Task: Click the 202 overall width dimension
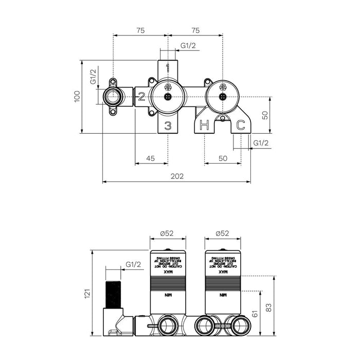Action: click(x=177, y=176)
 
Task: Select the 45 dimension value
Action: click(x=150, y=158)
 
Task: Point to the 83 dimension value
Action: click(x=268, y=307)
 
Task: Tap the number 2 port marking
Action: click(x=141, y=96)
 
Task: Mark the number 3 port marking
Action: click(x=168, y=125)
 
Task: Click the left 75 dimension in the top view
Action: click(x=140, y=30)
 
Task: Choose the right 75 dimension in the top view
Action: click(x=195, y=30)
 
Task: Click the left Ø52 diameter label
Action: click(x=168, y=233)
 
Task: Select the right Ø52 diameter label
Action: click(x=223, y=233)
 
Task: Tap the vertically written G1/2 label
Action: click(x=93, y=77)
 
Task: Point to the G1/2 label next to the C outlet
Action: click(x=261, y=143)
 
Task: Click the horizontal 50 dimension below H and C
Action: click(x=223, y=158)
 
